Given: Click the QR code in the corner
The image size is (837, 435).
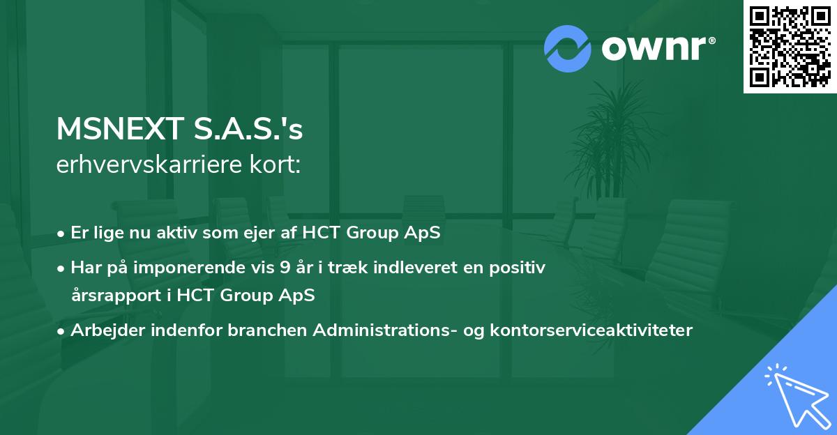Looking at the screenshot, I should (x=790, y=46).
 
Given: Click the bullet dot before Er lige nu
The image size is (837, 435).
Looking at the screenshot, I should (x=62, y=234).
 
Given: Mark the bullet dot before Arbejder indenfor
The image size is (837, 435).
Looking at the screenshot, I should (x=62, y=330).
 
